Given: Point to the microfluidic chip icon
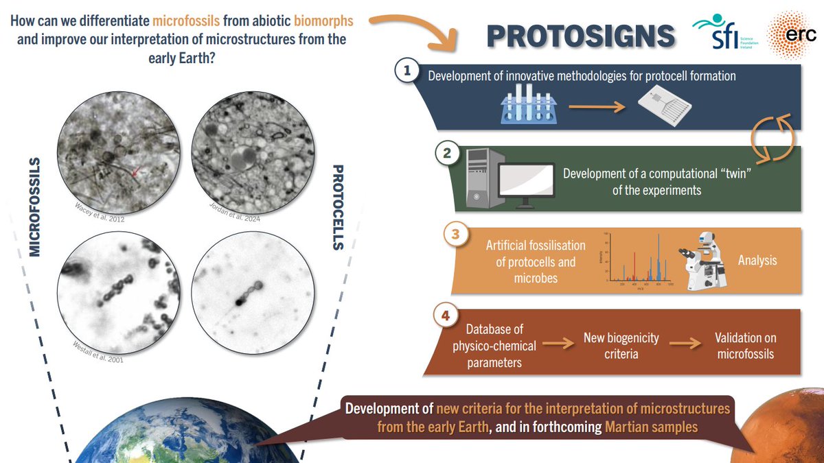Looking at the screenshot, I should pyautogui.click(x=663, y=106).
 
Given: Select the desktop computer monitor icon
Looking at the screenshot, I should pyautogui.click(x=526, y=184).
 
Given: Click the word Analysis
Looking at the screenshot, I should pyautogui.click(x=758, y=261).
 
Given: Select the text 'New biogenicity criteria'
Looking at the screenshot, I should pyautogui.click(x=621, y=346).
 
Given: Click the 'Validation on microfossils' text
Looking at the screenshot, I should pyautogui.click(x=745, y=346).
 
